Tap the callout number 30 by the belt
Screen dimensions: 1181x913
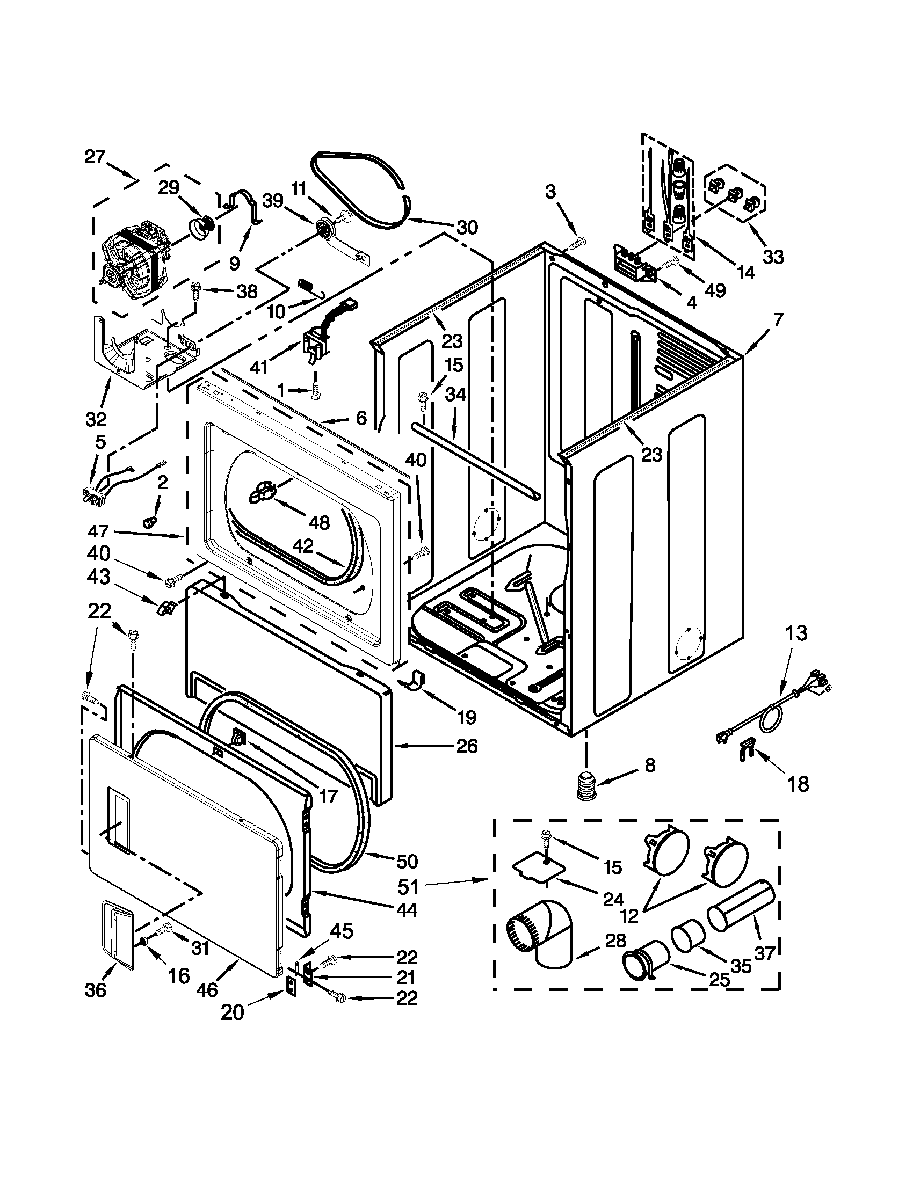tap(467, 228)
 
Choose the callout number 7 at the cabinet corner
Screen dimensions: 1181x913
tap(777, 320)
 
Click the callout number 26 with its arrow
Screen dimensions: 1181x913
tap(467, 746)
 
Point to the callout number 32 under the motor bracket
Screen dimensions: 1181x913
tap(96, 419)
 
